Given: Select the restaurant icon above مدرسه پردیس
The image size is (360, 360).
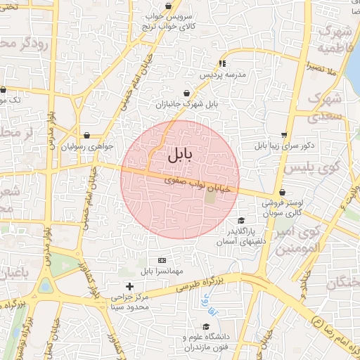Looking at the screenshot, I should tap(223, 64).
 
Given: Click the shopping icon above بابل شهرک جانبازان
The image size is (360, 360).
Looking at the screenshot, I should tap(186, 93).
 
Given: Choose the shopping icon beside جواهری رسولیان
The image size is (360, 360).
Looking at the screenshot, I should tap(86, 135).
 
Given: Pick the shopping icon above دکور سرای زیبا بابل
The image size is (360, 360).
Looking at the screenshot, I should tap(283, 135).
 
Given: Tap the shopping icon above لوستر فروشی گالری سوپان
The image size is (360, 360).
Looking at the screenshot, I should tap(282, 192).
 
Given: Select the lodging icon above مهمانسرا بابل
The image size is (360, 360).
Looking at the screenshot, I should tap(162, 259).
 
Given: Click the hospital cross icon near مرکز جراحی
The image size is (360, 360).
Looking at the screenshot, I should tap(129, 286).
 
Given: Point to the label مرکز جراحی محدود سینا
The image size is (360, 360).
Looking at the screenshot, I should tap(129, 302).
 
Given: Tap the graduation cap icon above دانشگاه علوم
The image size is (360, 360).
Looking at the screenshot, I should tap(206, 326).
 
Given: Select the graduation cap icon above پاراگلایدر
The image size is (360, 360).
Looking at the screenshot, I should tap(240, 220).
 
